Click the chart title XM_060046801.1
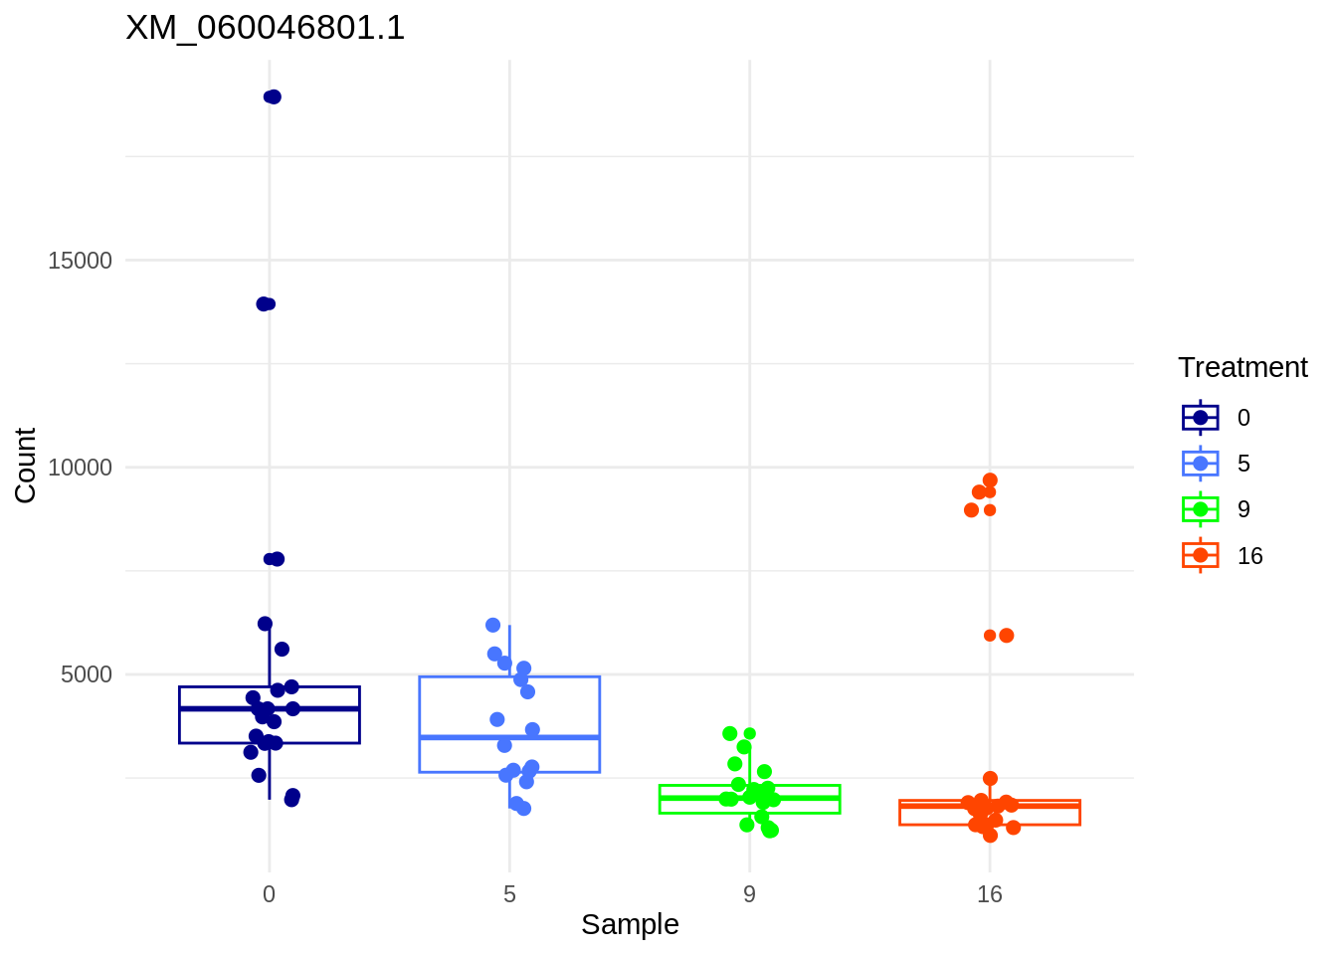click(266, 28)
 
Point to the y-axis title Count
click(26, 466)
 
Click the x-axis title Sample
click(630, 924)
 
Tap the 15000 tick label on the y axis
click(81, 261)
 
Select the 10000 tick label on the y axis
click(81, 468)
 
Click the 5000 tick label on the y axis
click(87, 674)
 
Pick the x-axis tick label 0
click(269, 894)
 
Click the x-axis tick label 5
click(509, 894)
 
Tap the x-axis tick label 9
click(749, 894)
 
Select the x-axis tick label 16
click(989, 894)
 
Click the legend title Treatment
click(1242, 368)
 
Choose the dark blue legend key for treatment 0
click(1201, 418)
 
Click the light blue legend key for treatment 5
click(1201, 464)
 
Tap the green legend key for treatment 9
click(1201, 509)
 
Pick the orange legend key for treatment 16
click(1201, 555)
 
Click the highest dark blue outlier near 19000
click(273, 96)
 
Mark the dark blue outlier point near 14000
click(264, 303)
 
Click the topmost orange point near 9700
click(990, 480)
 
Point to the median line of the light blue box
click(509, 737)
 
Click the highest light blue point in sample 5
click(492, 625)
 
